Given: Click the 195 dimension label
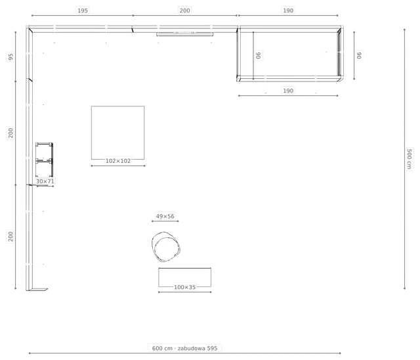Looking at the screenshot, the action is (x=83, y=11).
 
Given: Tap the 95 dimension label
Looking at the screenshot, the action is (x=10, y=57).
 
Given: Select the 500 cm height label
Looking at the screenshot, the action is (x=409, y=159).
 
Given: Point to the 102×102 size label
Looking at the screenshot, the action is (x=118, y=161).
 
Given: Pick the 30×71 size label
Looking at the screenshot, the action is (x=45, y=181).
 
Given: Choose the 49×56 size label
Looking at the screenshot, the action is (x=165, y=216).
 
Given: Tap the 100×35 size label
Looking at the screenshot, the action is (x=184, y=287).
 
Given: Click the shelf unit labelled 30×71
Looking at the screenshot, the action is (x=45, y=160).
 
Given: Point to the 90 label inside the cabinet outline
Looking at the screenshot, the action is (x=258, y=55).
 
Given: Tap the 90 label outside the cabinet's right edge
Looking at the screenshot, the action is (x=359, y=55).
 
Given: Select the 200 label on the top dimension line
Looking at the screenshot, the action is (x=184, y=11).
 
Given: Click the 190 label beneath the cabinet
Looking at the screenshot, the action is (x=288, y=91).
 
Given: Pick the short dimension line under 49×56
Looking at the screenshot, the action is (x=165, y=221).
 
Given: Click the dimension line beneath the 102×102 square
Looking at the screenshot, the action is (x=118, y=166).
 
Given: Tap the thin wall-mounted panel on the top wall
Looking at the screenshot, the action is (x=185, y=34).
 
